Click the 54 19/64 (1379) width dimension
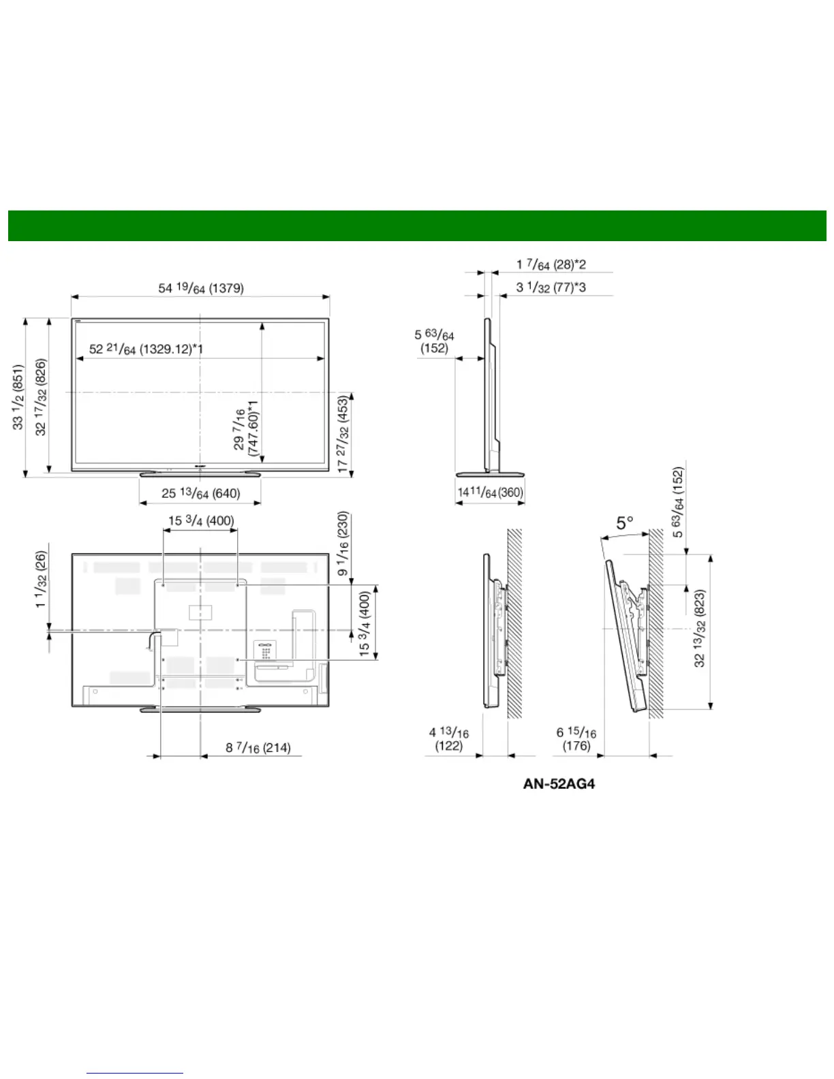201,288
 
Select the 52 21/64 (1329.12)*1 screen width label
146,349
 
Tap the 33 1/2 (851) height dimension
18,396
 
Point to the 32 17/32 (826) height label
41,396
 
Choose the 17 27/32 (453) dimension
343,433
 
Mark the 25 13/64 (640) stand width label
201,493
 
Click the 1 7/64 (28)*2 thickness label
551,264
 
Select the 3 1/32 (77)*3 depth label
551,287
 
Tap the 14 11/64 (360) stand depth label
491,492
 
